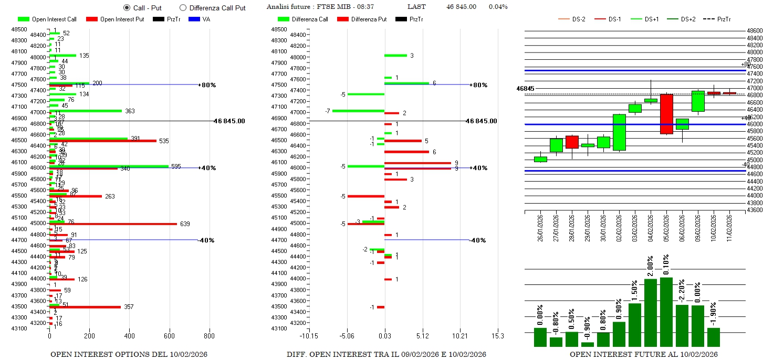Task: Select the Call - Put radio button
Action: pos(127,8)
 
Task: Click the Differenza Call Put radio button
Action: pos(183,8)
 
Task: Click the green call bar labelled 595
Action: pos(109,166)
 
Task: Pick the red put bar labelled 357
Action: pos(85,307)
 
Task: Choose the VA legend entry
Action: pos(202,19)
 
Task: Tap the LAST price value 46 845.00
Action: pos(461,7)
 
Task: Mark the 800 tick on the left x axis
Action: pos(209,336)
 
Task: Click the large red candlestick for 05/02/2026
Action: pos(666,114)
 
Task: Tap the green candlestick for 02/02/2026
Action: pos(619,132)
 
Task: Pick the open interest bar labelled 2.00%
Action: pos(651,312)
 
